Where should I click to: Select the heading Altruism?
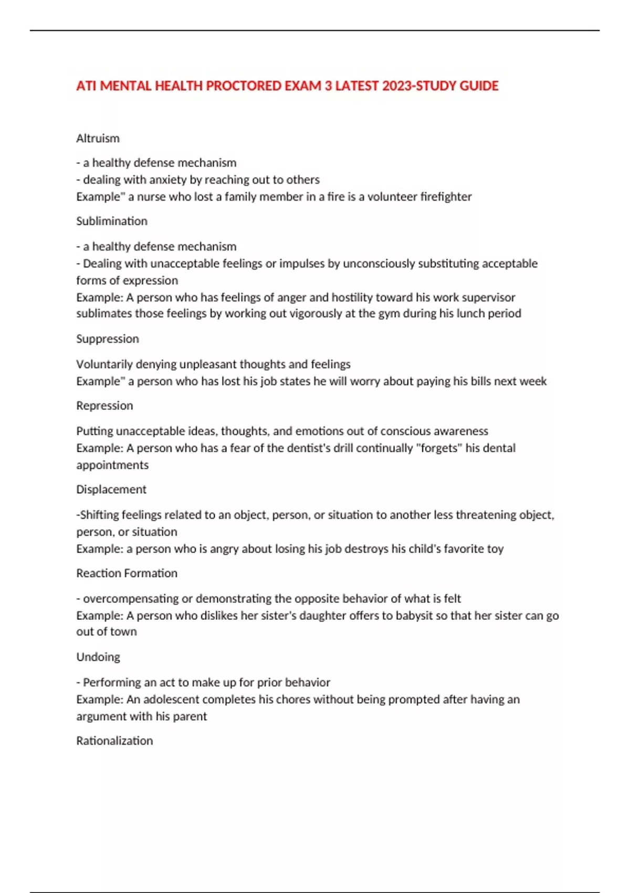tap(98, 138)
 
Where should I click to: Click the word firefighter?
tap(446, 196)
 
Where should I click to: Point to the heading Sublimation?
tap(111, 221)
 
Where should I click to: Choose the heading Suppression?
tap(107, 339)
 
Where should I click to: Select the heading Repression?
tap(104, 406)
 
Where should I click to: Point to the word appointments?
tap(112, 465)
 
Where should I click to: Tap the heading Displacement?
tap(111, 490)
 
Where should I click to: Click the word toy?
tap(495, 549)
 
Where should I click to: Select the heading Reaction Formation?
tap(127, 573)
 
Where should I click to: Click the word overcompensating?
tap(130, 599)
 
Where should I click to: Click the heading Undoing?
tap(98, 657)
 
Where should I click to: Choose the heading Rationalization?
tap(114, 741)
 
